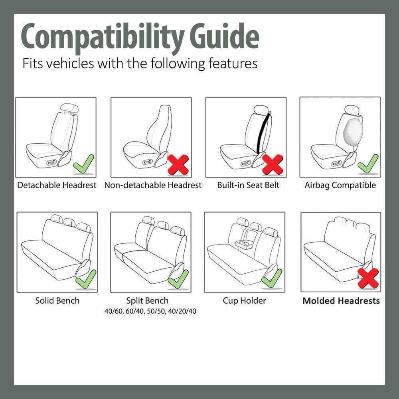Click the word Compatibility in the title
102,37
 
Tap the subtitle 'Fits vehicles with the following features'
140,63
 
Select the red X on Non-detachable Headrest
178,164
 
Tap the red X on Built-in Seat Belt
273,164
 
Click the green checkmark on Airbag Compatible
367,163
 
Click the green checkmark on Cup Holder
272,278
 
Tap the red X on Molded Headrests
368,278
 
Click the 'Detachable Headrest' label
57,185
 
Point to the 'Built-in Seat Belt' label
248,185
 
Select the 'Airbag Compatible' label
340,185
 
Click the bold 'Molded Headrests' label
341,300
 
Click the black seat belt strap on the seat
264,134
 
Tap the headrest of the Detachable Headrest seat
69,108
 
